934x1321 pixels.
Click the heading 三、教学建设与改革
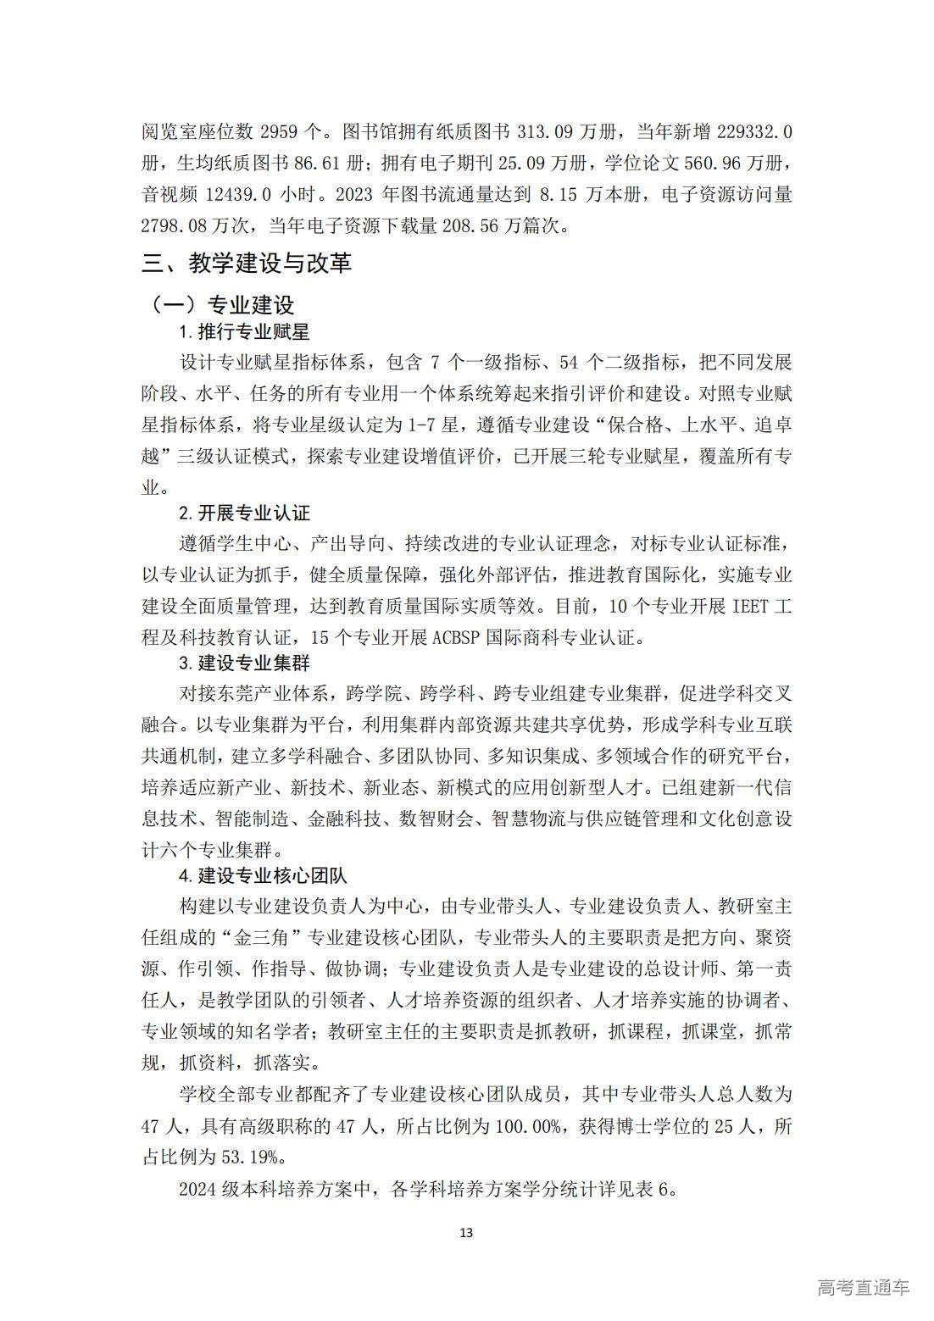[247, 264]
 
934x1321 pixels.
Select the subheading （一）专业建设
[222, 304]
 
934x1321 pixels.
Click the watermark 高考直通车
[864, 1286]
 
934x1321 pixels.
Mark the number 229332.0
[754, 131]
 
